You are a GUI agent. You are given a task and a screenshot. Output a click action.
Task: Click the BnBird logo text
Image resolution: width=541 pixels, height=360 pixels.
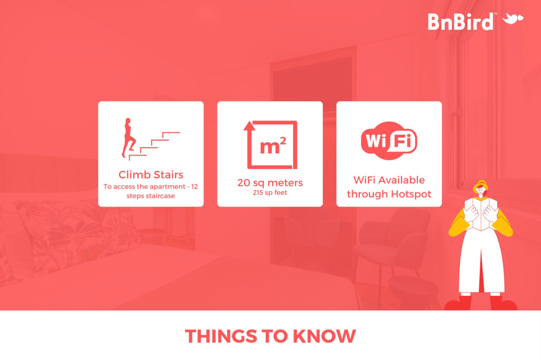(460, 22)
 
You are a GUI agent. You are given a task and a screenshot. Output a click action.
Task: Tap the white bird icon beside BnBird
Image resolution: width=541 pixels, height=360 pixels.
(513, 18)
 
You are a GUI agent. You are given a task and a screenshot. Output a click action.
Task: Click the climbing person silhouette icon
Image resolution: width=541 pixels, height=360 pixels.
(128, 138)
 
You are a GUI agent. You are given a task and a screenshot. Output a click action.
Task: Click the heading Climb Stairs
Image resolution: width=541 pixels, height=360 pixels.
(151, 175)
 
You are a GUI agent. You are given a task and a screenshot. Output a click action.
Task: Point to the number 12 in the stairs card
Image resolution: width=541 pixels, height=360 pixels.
(194, 186)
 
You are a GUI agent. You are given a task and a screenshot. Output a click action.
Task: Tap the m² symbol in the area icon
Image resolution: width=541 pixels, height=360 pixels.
(273, 146)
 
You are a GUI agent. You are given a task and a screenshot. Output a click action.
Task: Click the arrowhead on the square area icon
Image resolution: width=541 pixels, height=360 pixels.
(249, 126)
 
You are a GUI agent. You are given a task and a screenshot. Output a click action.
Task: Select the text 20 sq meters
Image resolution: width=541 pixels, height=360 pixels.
(270, 183)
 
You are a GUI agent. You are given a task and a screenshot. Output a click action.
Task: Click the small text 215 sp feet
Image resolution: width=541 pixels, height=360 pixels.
(270, 193)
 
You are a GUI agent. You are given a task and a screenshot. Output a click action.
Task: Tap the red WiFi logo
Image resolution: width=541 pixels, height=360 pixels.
(389, 141)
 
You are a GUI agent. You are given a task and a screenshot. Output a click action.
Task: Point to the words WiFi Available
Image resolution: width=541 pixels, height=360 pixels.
(389, 180)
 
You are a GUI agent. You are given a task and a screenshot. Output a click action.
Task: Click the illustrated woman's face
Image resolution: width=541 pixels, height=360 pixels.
(480, 191)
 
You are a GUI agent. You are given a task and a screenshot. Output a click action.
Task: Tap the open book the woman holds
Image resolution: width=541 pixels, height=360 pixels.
(480, 214)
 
